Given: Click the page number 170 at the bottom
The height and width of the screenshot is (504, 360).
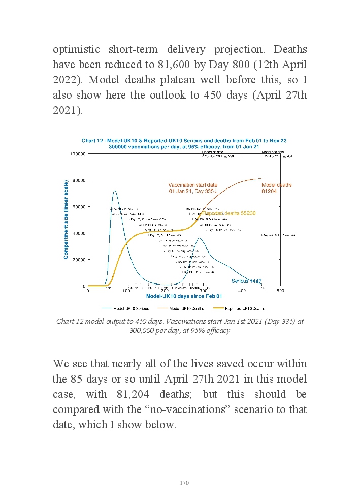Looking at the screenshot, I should [x=184, y=482].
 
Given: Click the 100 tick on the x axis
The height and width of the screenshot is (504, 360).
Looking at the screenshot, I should [x=126, y=291].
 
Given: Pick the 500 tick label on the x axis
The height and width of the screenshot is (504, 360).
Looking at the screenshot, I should [x=280, y=291].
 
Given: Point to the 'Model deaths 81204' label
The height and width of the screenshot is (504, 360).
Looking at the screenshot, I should [x=276, y=188].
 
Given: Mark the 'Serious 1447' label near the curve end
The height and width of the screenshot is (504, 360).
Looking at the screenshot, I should [x=246, y=281].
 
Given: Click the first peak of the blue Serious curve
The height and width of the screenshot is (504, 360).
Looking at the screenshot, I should [x=115, y=191].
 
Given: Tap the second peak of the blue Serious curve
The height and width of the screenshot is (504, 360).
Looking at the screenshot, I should [x=200, y=238].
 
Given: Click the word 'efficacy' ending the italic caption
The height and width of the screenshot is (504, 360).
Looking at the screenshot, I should [x=219, y=330].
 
